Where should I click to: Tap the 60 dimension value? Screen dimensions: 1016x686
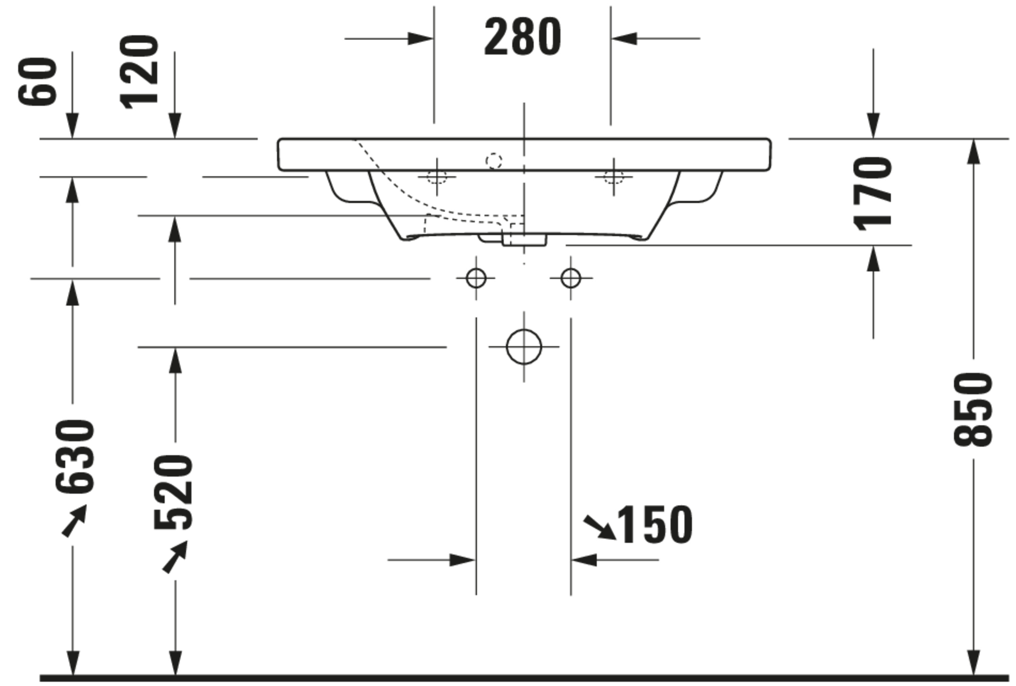pyautogui.click(x=38, y=82)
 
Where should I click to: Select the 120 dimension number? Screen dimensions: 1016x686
pyautogui.click(x=139, y=72)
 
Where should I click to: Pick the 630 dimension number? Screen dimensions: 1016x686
pyautogui.click(x=75, y=456)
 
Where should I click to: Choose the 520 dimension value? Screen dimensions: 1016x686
pyautogui.click(x=173, y=492)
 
